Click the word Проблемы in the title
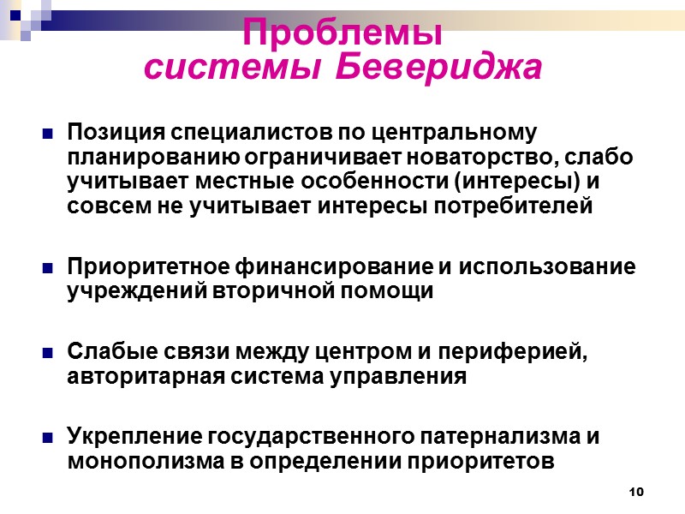(342, 33)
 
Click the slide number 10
(635, 491)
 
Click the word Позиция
(116, 134)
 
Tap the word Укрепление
(134, 437)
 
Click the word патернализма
(505, 437)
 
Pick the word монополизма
(130, 461)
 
